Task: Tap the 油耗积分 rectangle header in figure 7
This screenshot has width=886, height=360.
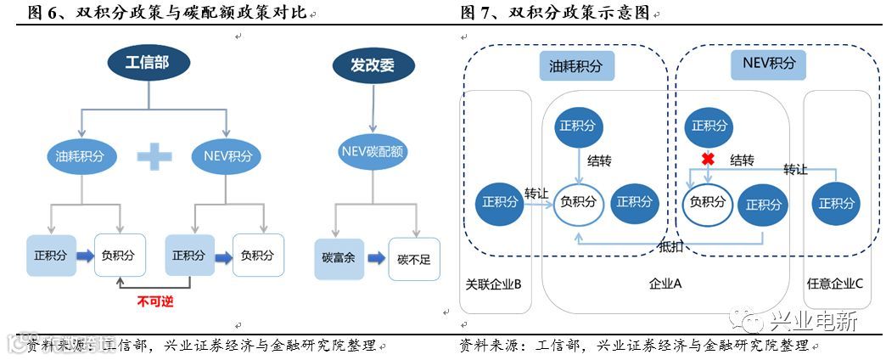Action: [577, 65]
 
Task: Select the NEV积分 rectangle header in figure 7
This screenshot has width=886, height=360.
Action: [768, 64]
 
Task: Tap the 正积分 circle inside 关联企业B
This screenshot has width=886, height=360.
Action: [498, 202]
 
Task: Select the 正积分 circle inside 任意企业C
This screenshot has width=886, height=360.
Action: [836, 202]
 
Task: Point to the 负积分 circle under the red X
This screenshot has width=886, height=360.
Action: [708, 202]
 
